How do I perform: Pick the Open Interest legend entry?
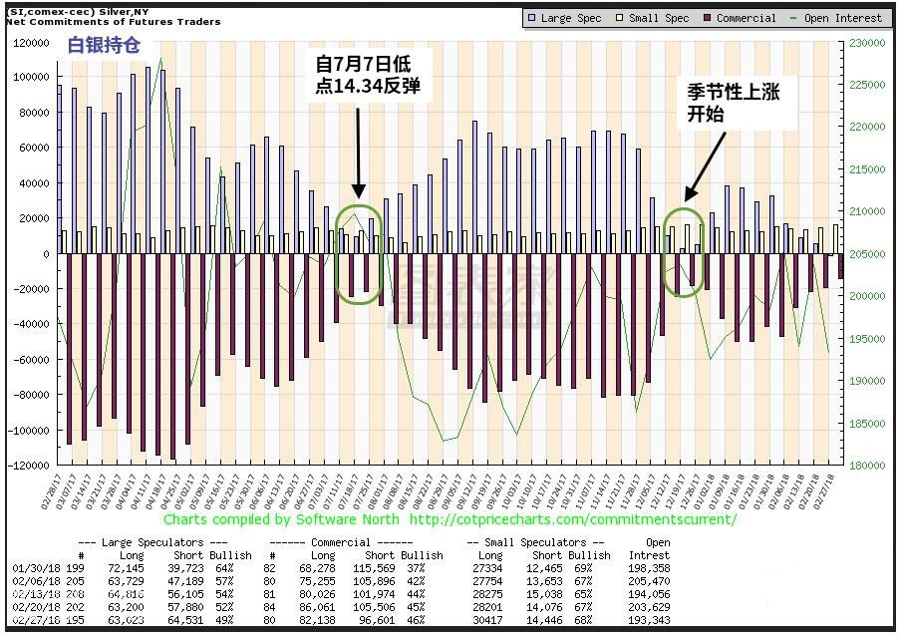pos(844,18)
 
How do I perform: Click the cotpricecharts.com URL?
pos(573,519)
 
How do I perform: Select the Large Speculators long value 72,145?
pos(132,567)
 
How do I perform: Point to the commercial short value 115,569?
pos(385,567)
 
